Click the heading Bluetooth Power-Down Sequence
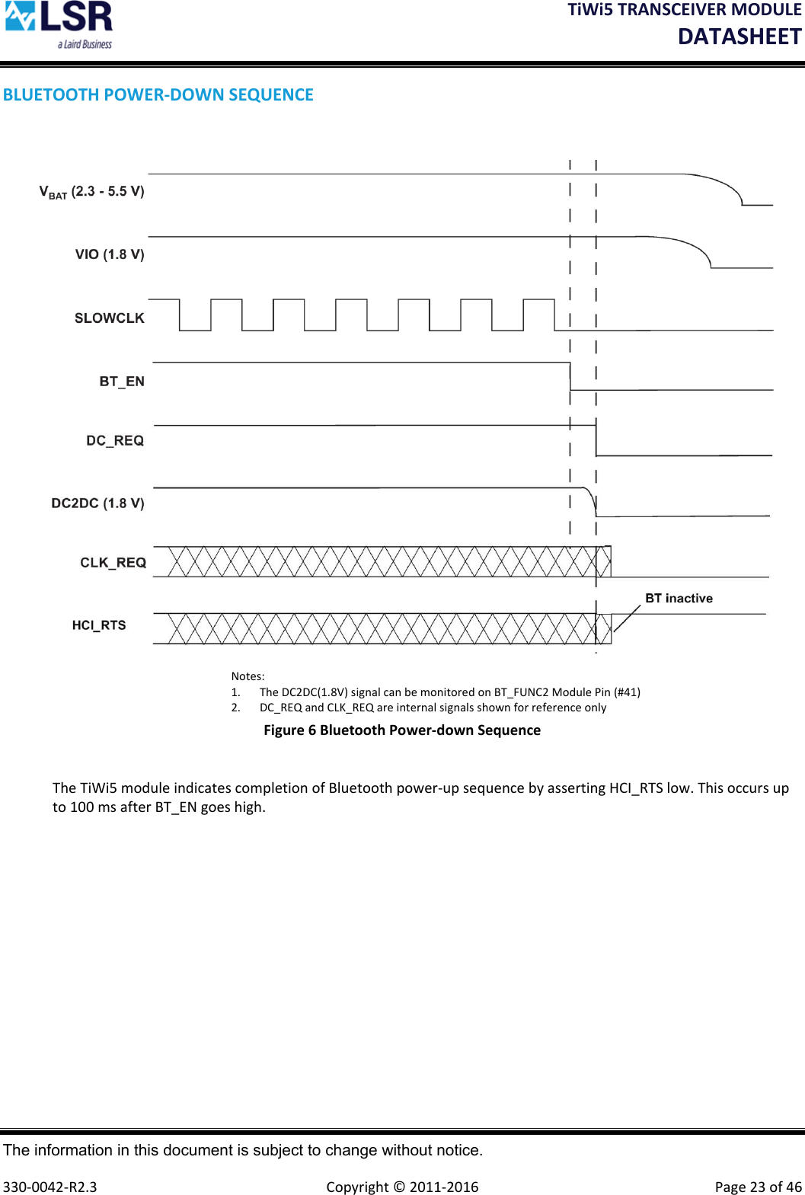(x=158, y=95)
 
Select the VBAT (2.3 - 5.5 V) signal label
(x=91, y=192)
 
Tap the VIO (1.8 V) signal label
(x=110, y=254)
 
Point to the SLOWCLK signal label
(x=109, y=318)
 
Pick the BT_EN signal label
(x=122, y=382)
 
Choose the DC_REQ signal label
(x=115, y=441)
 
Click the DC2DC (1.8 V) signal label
(x=97, y=503)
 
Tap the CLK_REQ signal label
(x=113, y=563)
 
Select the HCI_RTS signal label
(x=99, y=625)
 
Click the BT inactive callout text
(x=679, y=599)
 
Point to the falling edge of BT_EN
(x=570, y=376)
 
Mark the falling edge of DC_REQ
(x=596, y=440)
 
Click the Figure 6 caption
(x=402, y=730)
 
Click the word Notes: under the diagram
(x=248, y=676)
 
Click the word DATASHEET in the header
(x=740, y=37)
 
